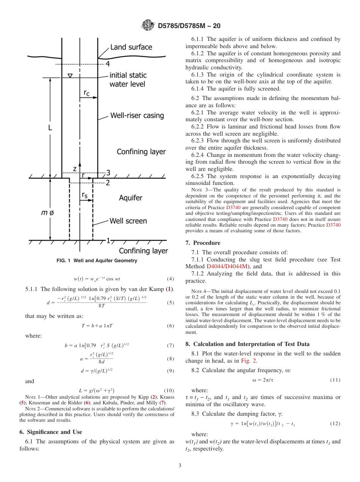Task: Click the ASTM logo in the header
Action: pos(148,26)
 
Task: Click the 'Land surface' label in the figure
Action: pos(131,47)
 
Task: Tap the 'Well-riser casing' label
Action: pos(137,115)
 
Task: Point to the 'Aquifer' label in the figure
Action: pos(131,198)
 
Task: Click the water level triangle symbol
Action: pos(70,76)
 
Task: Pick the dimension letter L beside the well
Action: pos(50,128)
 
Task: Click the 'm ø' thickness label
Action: pos(47,213)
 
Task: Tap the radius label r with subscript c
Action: pos(86,92)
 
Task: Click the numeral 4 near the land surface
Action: pos(107,64)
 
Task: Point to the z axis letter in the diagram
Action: pos(75,168)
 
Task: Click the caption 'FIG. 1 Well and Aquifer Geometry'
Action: pos(97,261)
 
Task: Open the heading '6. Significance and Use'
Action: pos(50,432)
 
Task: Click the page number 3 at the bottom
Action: pos(180,465)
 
